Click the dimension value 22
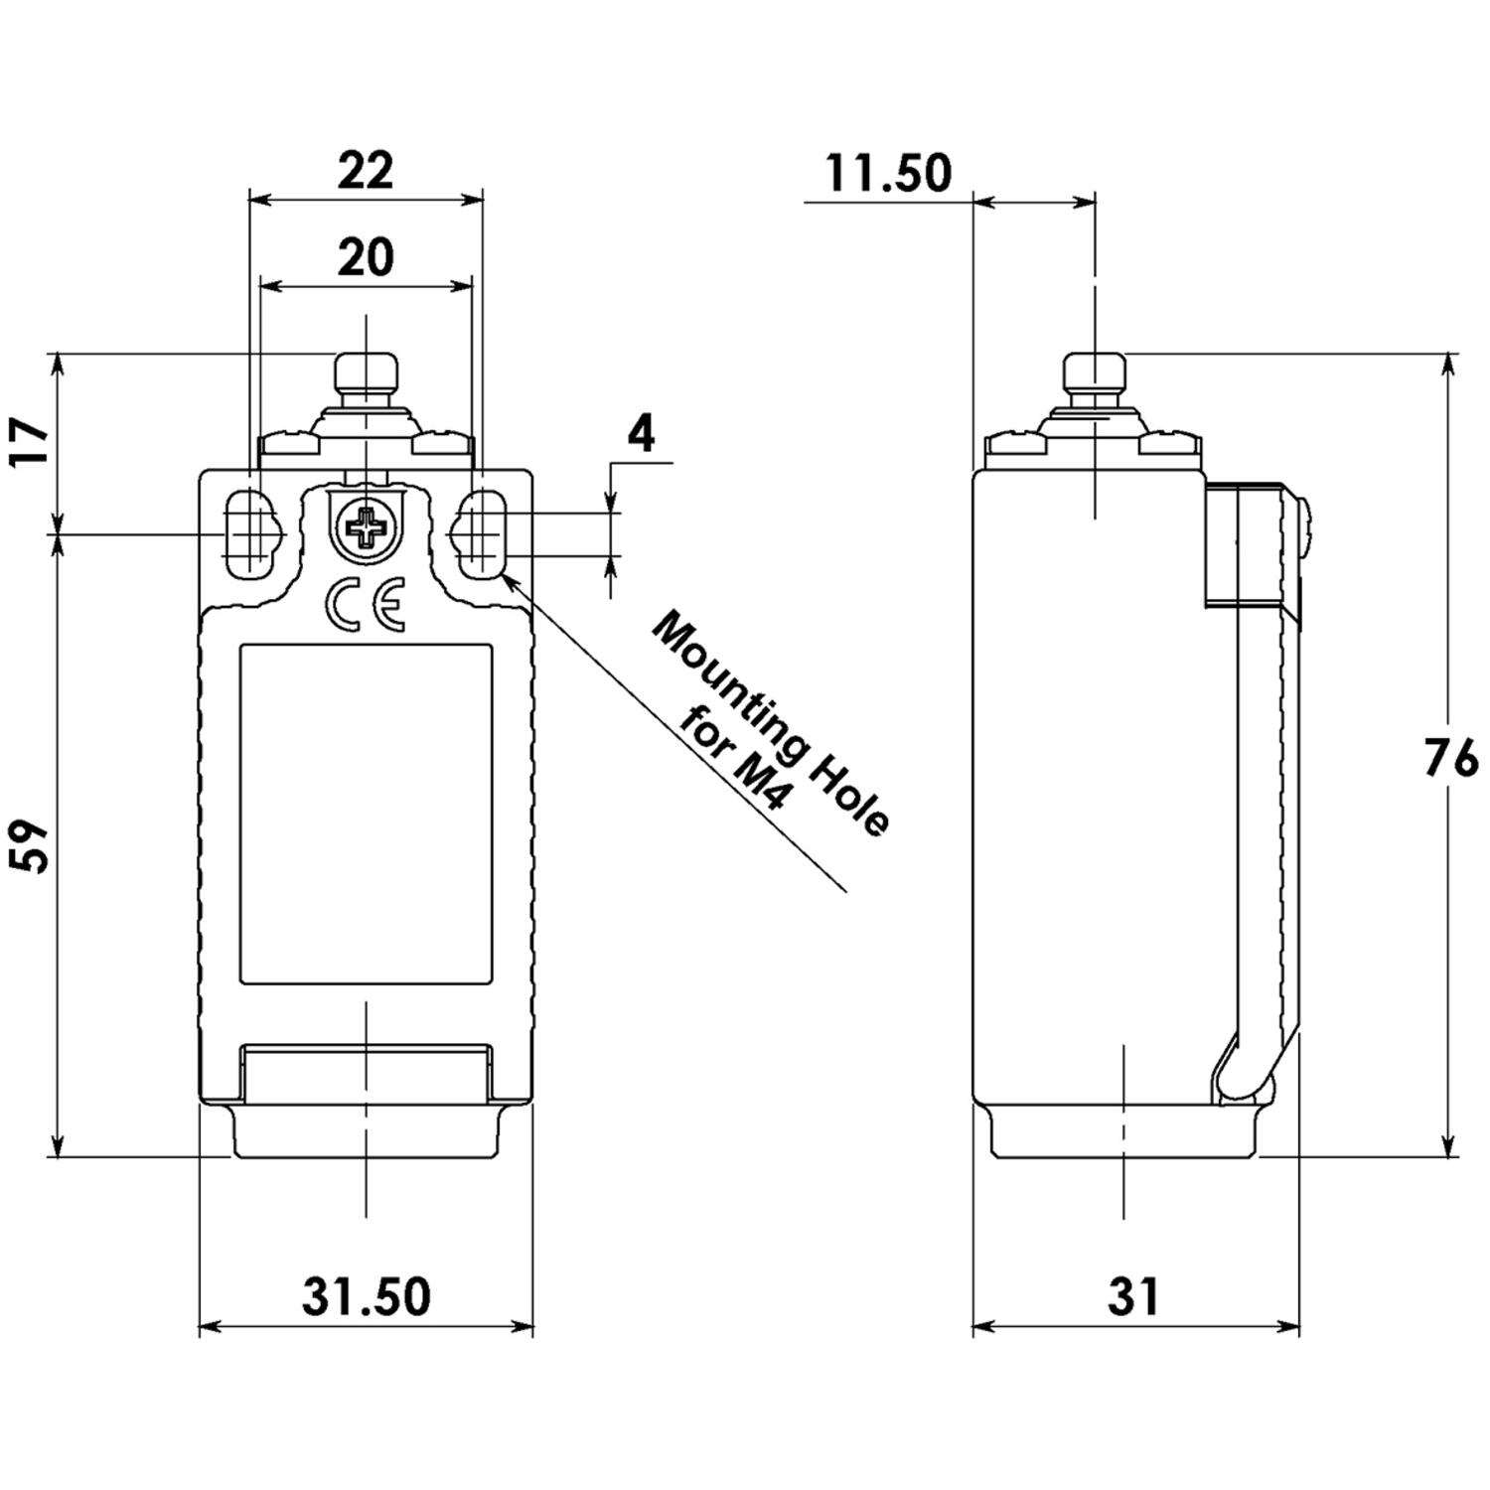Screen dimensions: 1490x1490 pos(366,171)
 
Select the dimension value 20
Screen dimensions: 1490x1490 pos(366,258)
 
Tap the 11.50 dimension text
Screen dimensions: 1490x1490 pos(888,174)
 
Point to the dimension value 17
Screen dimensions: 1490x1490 pos(31,443)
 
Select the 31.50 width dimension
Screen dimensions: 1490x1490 pos(367,1296)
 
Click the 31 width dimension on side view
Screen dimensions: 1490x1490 pos(1133,1296)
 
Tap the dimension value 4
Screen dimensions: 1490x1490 pos(643,434)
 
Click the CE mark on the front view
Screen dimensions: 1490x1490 pos(366,607)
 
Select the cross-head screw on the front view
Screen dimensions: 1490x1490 pos(366,528)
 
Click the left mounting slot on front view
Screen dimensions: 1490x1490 pos(248,534)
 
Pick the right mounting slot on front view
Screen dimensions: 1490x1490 pos(483,534)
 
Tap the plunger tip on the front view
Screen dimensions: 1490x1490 pos(366,372)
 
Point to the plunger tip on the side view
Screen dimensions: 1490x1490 pos(1094,372)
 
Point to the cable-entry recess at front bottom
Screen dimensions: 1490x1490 pos(366,1075)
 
